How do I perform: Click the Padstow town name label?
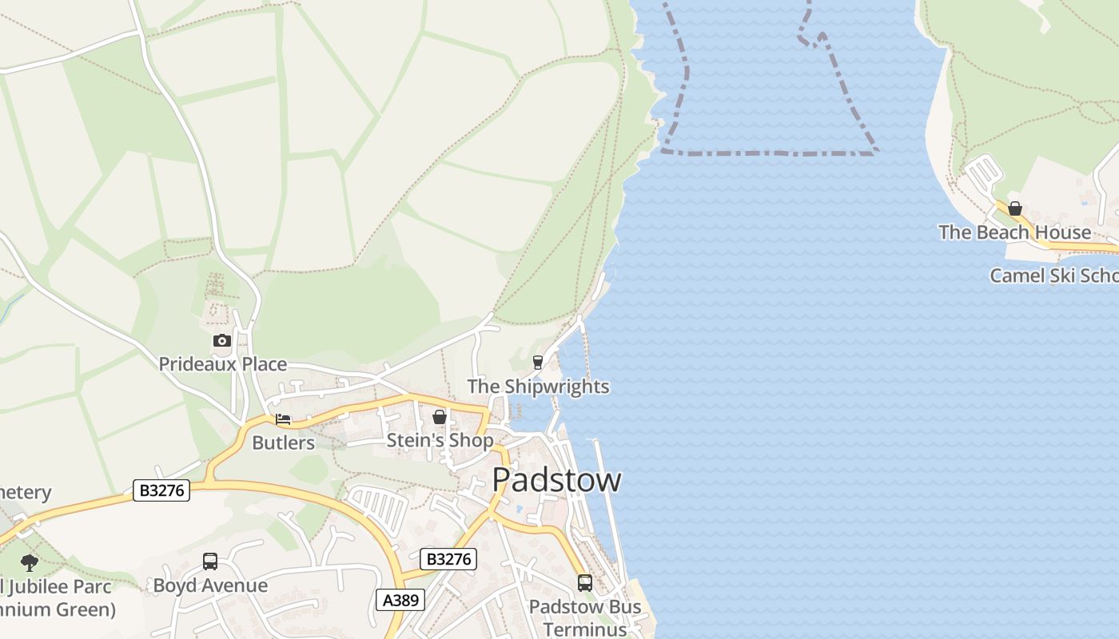[x=556, y=480]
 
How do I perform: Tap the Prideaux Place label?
[x=222, y=364]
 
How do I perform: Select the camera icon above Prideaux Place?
[x=221, y=341]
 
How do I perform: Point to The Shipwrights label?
[x=538, y=387]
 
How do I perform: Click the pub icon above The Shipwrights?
[x=538, y=363]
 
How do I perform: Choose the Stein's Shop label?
[x=440, y=440]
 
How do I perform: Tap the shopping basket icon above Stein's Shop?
[x=439, y=417]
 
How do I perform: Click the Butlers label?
[x=283, y=443]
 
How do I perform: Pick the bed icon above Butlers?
[x=283, y=419]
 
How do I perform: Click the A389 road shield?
[x=400, y=600]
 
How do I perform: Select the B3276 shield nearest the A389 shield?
[x=448, y=559]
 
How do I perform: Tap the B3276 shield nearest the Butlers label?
[x=161, y=490]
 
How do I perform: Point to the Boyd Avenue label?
[x=210, y=585]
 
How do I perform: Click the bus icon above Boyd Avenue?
[x=210, y=562]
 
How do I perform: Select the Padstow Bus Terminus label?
[x=585, y=617]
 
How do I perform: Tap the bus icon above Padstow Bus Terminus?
[x=585, y=583]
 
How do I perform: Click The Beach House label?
[x=1014, y=232]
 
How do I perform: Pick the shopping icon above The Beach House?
[x=1014, y=209]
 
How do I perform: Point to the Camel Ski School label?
[x=1053, y=276]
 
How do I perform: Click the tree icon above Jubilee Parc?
[x=30, y=562]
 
